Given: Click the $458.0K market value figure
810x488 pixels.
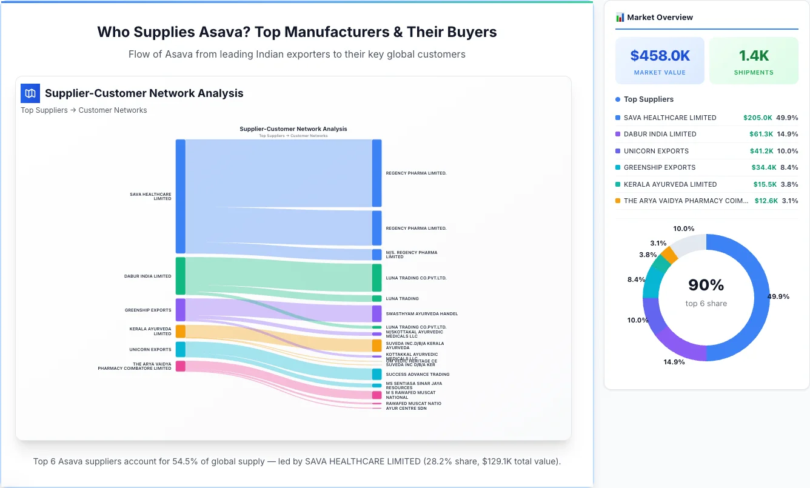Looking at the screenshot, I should (660, 56).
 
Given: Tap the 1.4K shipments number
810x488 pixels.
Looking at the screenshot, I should (754, 56).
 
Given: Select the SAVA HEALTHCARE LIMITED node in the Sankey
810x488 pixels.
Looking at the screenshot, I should (180, 196).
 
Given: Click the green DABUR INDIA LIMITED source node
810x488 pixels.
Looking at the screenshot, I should (180, 276).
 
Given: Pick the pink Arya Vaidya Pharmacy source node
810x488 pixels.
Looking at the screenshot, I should (180, 366).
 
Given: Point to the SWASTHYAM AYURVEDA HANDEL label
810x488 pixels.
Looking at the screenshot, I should (421, 314).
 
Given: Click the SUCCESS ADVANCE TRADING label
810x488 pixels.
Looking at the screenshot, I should (417, 375).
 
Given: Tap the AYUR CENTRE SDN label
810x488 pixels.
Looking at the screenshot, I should (406, 409).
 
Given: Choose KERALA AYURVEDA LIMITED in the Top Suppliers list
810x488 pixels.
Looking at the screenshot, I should (661, 184).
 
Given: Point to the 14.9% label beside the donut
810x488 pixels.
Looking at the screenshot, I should (674, 362).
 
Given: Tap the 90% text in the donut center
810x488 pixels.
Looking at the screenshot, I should (706, 285).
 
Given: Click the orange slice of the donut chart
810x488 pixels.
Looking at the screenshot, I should (669, 254).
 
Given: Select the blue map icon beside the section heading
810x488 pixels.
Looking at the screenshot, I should (30, 93).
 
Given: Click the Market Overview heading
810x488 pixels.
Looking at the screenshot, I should (660, 17).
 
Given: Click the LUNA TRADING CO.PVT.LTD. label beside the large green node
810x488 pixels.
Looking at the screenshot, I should (416, 278).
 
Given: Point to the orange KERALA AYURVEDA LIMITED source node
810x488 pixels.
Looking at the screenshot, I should (180, 332).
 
